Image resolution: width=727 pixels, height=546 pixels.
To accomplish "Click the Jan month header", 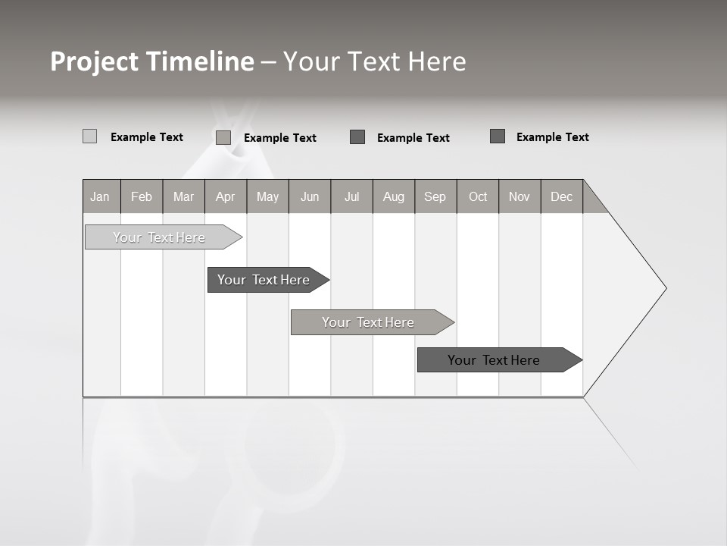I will (100, 196).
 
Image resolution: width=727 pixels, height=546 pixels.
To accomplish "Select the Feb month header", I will (142, 196).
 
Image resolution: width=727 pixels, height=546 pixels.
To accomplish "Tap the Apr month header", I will (225, 196).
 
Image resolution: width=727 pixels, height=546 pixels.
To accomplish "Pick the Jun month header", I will (309, 196).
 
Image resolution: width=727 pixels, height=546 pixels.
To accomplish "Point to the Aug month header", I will (393, 196).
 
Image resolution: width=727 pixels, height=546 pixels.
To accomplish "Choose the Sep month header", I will (435, 196).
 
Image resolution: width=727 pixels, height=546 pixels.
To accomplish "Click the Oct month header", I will (477, 196).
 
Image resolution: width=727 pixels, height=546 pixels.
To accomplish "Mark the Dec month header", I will (561, 196).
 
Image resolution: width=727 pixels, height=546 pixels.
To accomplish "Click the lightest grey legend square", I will (89, 136).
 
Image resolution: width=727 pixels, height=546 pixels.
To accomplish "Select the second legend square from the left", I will (223, 137).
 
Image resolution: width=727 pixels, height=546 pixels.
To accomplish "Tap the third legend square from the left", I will (357, 137).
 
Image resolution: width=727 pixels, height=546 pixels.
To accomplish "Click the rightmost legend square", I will (498, 136).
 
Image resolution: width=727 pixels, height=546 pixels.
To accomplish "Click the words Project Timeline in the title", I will (152, 61).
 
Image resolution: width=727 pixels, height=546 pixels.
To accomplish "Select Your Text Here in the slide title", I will (374, 61).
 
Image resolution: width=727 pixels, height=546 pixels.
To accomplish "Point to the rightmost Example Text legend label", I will (552, 137).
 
